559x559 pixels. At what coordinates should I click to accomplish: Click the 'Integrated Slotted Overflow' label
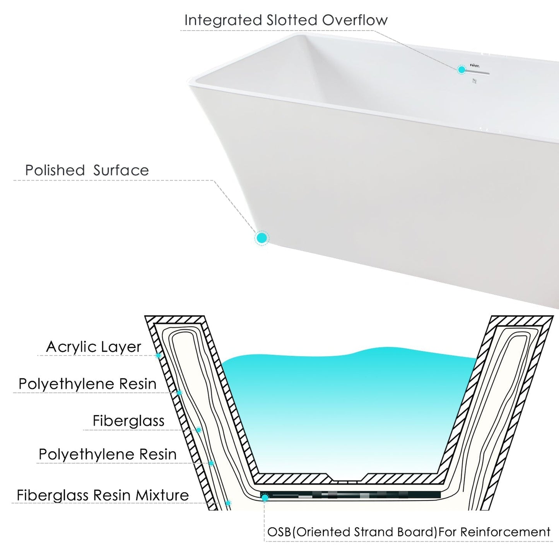(285, 20)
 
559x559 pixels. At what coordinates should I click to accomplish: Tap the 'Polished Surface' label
(87, 170)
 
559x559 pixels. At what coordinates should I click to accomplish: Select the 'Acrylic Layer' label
(94, 347)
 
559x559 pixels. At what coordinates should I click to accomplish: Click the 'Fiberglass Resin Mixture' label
(103, 495)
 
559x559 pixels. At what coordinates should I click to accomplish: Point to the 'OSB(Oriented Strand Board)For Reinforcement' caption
(409, 532)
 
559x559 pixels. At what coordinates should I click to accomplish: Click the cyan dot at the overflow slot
(462, 70)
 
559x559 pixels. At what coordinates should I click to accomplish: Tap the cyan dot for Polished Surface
(262, 238)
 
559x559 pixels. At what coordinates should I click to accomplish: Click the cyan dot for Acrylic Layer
(158, 356)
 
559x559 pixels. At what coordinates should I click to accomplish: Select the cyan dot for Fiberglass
(199, 430)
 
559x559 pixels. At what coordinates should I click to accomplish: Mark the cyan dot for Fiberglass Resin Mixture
(228, 503)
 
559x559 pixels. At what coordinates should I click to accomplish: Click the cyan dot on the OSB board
(265, 498)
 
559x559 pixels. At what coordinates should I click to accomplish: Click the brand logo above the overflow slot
(475, 66)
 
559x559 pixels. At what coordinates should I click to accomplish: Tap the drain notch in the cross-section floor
(347, 481)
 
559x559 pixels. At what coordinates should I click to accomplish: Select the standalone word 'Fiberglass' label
(128, 421)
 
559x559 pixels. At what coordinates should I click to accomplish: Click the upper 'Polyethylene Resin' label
(87, 384)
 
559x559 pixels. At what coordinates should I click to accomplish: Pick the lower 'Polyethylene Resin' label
(108, 454)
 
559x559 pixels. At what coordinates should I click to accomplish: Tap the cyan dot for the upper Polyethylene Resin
(179, 393)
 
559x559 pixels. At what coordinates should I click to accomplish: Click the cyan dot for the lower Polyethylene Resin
(211, 463)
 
